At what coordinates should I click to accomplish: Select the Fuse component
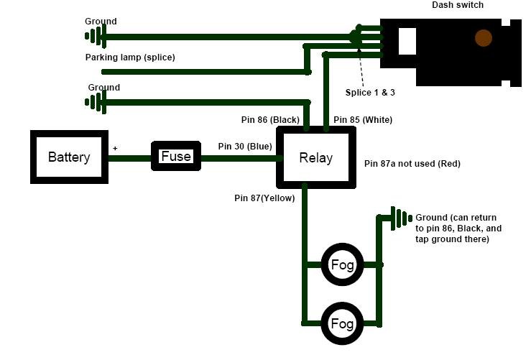176,156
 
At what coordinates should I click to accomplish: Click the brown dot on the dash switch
484,37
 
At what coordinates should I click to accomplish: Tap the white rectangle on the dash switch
407,41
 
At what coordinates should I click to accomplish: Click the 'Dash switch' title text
458,5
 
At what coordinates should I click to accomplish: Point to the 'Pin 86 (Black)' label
270,119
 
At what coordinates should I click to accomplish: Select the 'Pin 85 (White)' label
363,119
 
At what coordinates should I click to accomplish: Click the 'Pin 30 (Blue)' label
245,147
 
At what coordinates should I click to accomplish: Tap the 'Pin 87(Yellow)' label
264,198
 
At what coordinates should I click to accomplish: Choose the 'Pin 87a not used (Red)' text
412,164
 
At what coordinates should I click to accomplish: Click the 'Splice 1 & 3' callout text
370,93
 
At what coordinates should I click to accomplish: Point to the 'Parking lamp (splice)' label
130,57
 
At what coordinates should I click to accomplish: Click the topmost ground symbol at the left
96,36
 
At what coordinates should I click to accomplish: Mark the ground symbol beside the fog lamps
401,218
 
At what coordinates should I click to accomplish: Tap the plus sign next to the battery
115,148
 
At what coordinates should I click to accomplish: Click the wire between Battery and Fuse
130,158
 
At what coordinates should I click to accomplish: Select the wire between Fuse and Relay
241,158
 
